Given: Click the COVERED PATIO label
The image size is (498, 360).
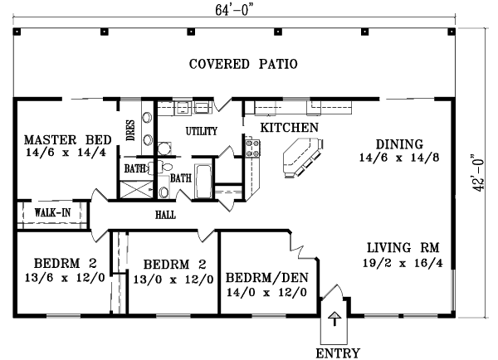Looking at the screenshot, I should pyautogui.click(x=242, y=64).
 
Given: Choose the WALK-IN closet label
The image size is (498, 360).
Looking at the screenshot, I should pyautogui.click(x=51, y=213).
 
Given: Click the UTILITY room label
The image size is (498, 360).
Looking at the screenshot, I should pyautogui.click(x=202, y=131).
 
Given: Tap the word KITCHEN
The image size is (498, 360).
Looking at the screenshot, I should pyautogui.click(x=290, y=128).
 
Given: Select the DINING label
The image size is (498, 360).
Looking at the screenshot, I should pyautogui.click(x=398, y=143).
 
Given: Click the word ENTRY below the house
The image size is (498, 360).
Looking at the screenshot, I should pyautogui.click(x=338, y=353).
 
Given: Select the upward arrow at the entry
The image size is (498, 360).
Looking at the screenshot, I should pyautogui.click(x=334, y=319).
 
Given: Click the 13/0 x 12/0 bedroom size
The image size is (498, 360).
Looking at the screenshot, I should pyautogui.click(x=173, y=280).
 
